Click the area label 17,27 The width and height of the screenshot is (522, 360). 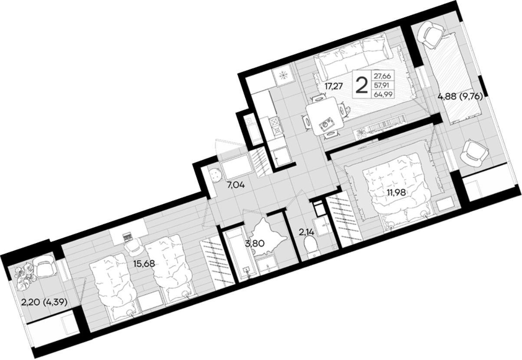(334, 86)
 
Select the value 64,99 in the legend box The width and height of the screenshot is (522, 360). (383, 94)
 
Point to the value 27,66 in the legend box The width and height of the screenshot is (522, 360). (383, 76)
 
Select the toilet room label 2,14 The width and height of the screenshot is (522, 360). (306, 232)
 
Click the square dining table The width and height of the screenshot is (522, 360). (325, 116)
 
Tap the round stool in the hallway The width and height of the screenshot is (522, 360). (215, 175)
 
